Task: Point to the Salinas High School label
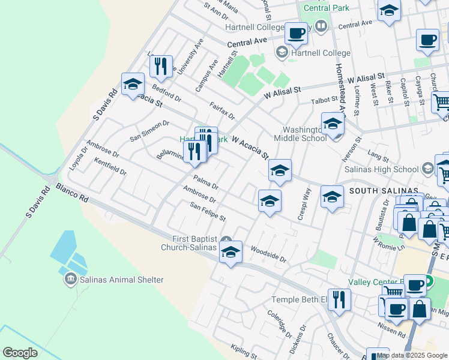382,169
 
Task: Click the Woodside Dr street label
268,253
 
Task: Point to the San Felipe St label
208,211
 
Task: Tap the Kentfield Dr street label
110,167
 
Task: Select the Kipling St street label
244,352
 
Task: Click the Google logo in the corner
20,353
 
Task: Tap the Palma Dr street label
206,182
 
